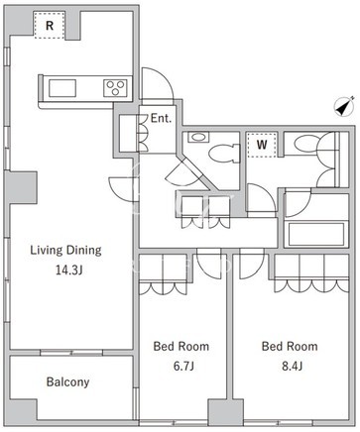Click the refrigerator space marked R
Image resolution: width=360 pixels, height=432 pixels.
click(50, 26)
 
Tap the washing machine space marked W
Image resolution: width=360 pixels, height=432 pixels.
click(262, 145)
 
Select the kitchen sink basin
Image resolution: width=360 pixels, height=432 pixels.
click(62, 88)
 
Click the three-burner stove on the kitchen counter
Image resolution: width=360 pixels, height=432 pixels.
click(115, 88)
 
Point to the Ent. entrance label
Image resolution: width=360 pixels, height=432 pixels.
click(161, 118)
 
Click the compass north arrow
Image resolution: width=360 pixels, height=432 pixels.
click(344, 106)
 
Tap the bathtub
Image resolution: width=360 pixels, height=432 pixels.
click(316, 234)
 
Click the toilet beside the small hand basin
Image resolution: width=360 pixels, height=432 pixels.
click(224, 154)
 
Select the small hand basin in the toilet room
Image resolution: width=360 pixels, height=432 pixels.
click(198, 137)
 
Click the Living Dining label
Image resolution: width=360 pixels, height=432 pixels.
click(65, 251)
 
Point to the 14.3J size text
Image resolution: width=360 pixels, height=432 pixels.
click(68, 270)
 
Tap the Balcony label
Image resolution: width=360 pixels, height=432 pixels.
click(67, 382)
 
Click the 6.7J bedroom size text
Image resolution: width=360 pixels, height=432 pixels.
click(183, 366)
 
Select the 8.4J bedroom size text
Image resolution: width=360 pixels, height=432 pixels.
click(293, 366)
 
